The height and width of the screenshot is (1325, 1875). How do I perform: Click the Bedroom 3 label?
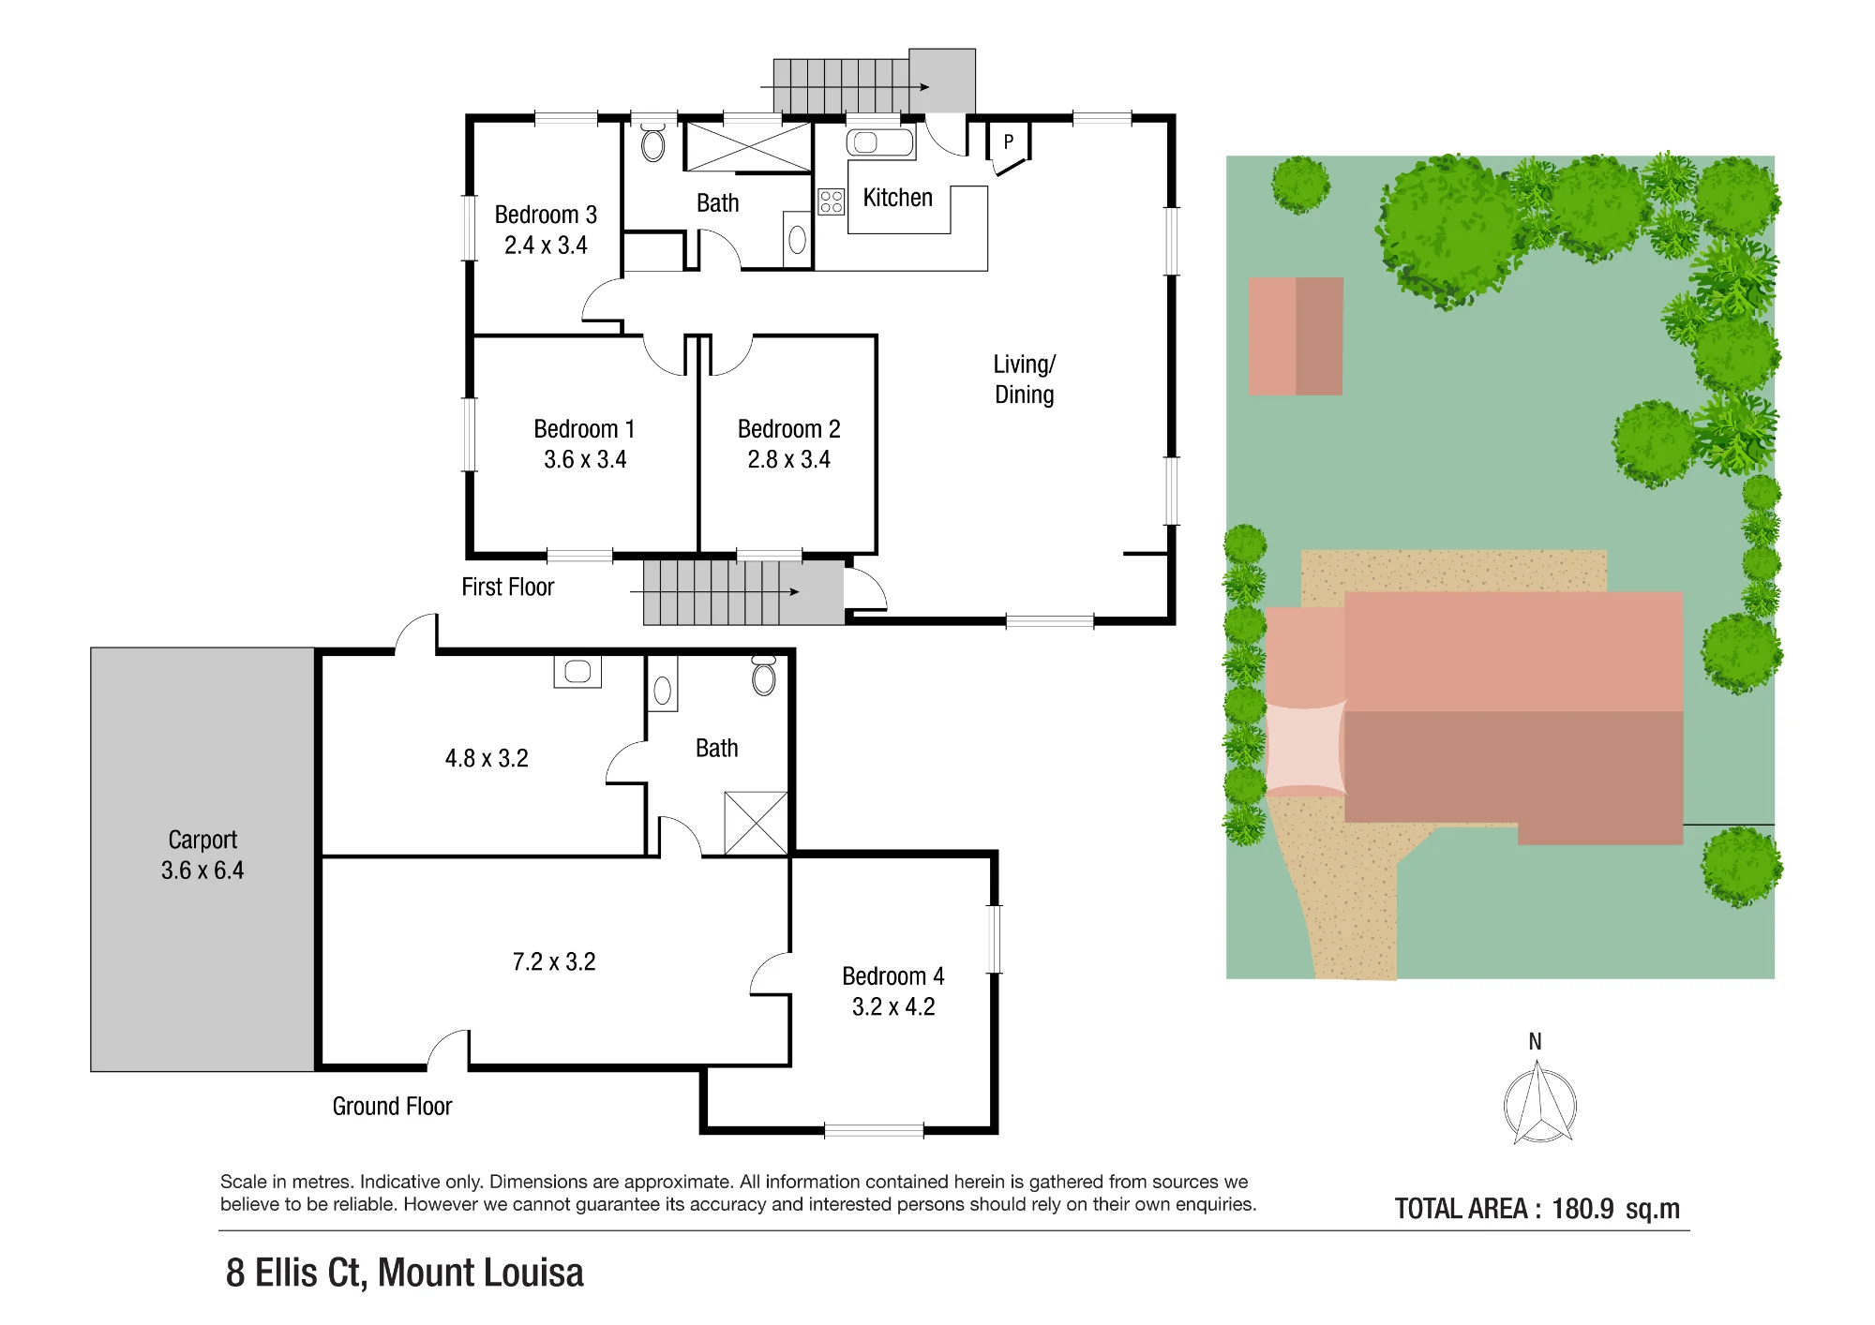click(x=546, y=215)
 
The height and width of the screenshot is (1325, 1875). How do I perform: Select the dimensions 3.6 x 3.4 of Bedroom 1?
click(x=585, y=459)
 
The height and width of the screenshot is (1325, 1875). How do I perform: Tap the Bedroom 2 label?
click(x=788, y=429)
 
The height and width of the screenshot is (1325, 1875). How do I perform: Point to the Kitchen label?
click(x=897, y=198)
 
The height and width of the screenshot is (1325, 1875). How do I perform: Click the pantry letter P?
click(x=1009, y=142)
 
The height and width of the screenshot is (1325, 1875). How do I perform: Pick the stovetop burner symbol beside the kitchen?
click(x=831, y=201)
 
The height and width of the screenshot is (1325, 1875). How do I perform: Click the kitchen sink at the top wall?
click(x=879, y=142)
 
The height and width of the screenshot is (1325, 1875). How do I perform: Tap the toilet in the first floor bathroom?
click(x=653, y=143)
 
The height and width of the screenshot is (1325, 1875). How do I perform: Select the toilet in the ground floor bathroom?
click(x=764, y=676)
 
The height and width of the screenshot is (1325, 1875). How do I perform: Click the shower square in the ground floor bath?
click(x=756, y=823)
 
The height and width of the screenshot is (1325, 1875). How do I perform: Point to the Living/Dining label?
click(x=1025, y=380)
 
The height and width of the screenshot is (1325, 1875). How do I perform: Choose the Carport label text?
click(x=202, y=840)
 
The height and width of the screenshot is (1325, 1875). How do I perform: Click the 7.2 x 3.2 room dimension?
click(x=554, y=962)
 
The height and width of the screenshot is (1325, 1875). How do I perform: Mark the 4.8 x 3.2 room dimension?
click(x=487, y=758)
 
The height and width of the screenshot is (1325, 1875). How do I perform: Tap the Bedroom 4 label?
click(x=892, y=976)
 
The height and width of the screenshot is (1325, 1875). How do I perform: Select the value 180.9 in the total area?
click(x=1582, y=1209)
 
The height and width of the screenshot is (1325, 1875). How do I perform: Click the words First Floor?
click(x=507, y=588)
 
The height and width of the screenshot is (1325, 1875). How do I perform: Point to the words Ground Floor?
click(x=392, y=1107)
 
